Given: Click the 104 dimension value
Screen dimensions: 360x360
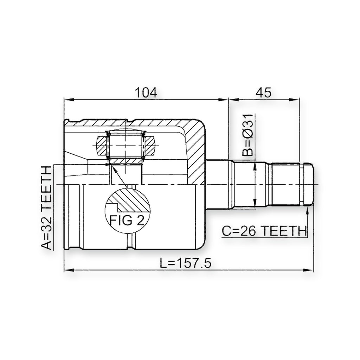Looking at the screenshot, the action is [146, 92].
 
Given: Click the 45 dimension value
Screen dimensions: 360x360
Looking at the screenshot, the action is [264, 92].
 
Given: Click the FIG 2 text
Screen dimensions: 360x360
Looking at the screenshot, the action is [127, 220].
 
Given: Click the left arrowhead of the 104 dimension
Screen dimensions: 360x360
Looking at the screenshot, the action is [69, 99].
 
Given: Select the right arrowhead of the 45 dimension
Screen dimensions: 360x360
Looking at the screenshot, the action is [295, 99].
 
